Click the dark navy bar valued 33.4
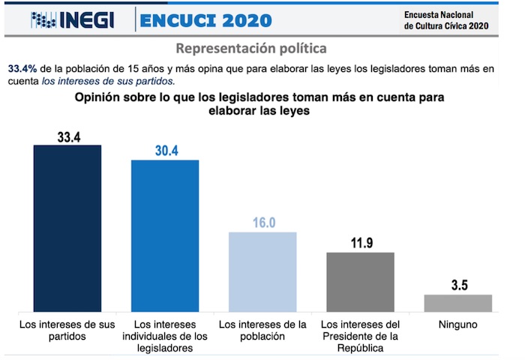tap(67, 228)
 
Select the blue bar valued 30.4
tap(165, 235)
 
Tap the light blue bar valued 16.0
tap(262, 271)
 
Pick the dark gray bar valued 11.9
tap(361, 281)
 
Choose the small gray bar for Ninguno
tap(458, 302)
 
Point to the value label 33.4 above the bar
tap(67, 135)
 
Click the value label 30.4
tap(165, 150)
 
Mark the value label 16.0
tap(262, 222)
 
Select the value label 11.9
tap(361, 242)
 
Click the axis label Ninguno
tap(458, 325)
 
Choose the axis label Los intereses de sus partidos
tap(67, 331)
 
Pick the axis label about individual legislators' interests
tap(165, 336)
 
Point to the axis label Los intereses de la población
tap(262, 331)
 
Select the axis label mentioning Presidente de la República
tap(361, 336)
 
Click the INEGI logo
tap(72, 19)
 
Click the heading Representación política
tap(251, 49)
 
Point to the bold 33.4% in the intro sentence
tap(23, 69)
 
